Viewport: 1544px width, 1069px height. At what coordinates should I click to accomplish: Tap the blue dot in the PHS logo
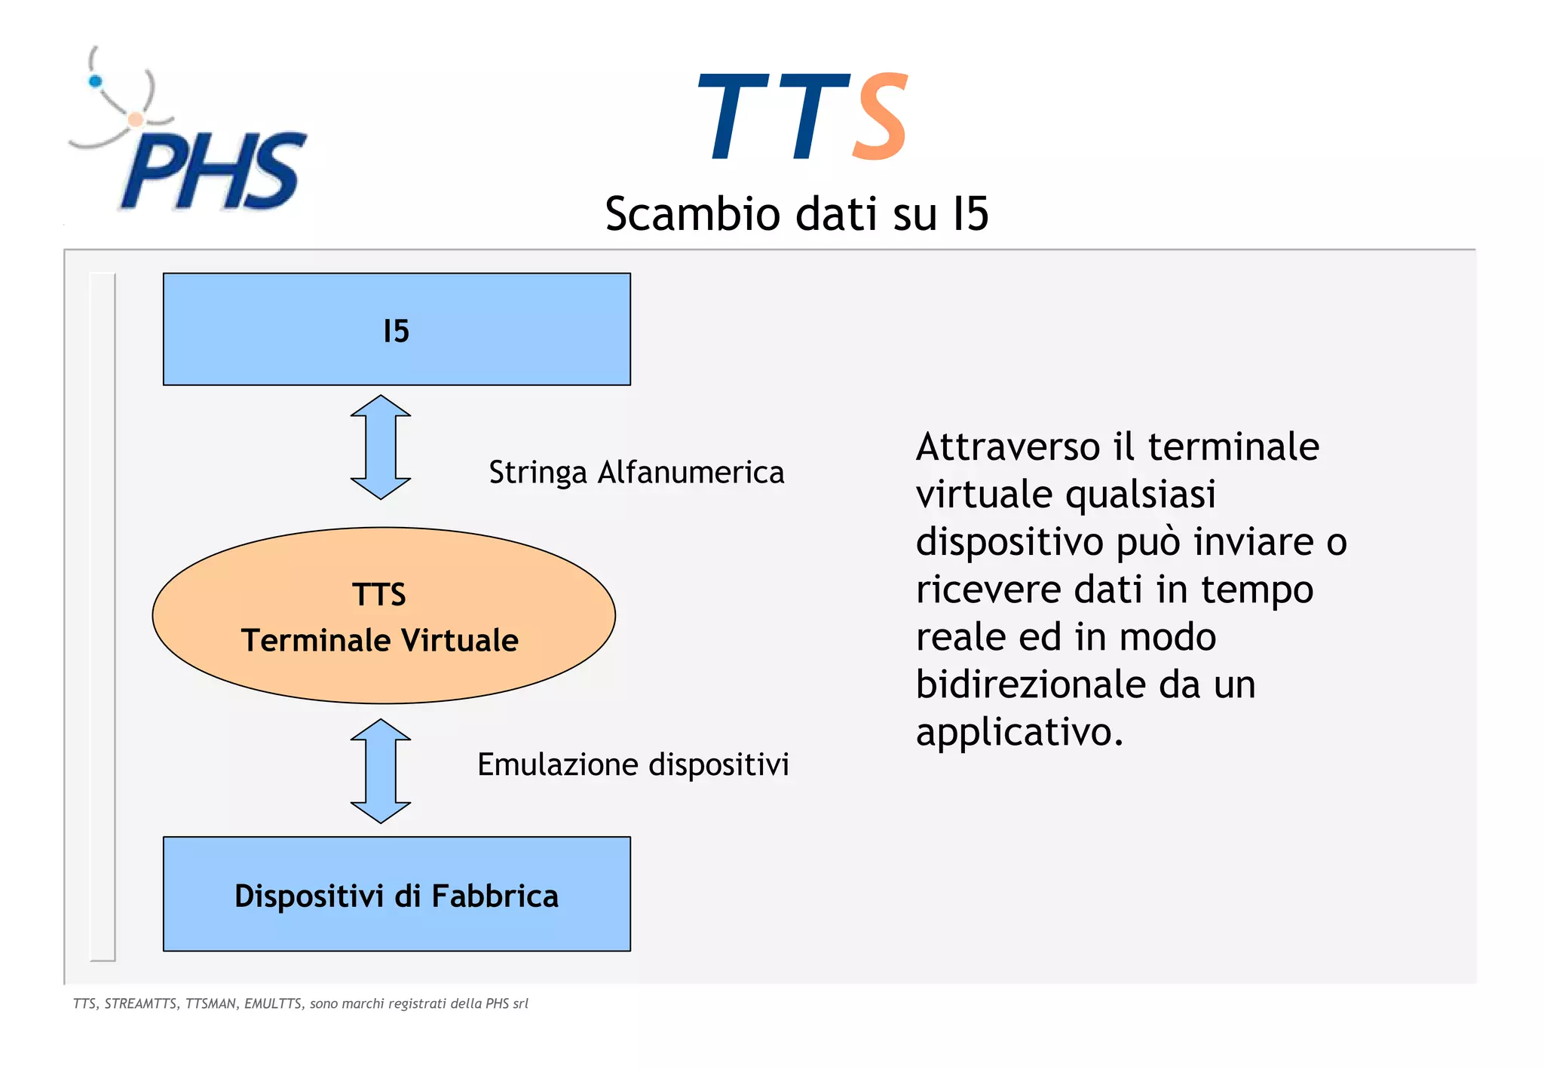click(95, 81)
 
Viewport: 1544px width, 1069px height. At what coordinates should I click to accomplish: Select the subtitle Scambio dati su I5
click(796, 214)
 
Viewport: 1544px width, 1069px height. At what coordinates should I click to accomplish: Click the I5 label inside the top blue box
click(396, 331)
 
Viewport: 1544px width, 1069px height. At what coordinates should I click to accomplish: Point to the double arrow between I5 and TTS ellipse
click(381, 447)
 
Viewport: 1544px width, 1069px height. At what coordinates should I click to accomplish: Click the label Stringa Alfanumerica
click(636, 473)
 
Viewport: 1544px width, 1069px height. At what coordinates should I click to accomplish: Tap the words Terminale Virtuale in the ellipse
click(380, 640)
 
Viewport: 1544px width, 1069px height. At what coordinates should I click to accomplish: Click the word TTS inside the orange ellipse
click(379, 595)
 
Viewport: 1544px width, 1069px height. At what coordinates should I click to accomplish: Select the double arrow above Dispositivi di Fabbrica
click(381, 770)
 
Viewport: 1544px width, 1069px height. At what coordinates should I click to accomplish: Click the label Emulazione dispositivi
click(633, 764)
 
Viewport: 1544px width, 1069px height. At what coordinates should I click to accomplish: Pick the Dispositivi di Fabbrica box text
click(397, 896)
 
